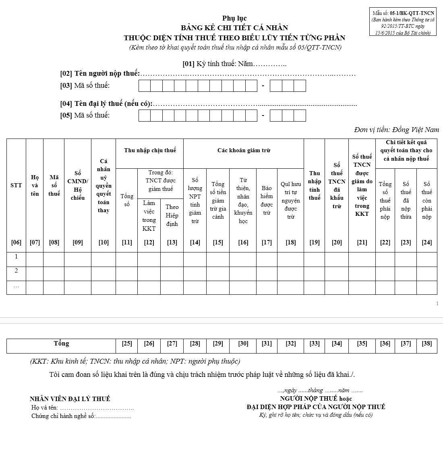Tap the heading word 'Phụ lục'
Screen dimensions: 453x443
[234, 18]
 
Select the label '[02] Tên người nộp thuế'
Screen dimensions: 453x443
[100, 73]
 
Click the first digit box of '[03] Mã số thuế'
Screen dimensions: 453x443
[145, 86]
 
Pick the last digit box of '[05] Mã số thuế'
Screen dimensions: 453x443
[300, 116]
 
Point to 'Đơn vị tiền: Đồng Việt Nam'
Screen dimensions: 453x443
[396, 130]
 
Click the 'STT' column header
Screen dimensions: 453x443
[16, 185]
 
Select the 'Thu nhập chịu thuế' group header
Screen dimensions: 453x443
[150, 150]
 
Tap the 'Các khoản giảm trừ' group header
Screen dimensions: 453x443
[244, 150]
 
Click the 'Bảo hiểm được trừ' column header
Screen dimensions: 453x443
[267, 200]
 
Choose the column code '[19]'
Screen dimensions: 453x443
[315, 242]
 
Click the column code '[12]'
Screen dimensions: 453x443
[149, 242]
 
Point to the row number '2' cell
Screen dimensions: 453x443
[16, 271]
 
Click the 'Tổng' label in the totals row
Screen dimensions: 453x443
[61, 343]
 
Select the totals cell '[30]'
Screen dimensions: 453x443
[243, 343]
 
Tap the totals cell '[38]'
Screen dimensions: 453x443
[427, 343]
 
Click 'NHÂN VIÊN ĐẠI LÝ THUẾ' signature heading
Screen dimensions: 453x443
[70, 399]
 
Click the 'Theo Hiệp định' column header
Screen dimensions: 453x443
[172, 215]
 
